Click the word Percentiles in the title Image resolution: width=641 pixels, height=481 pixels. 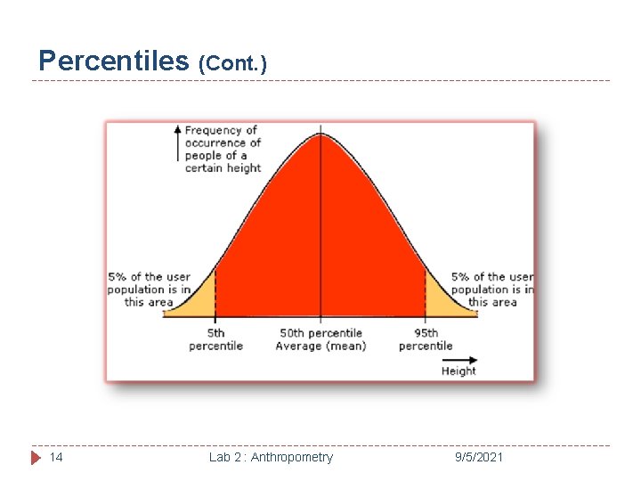pos(114,61)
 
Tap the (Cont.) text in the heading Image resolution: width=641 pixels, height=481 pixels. pos(232,63)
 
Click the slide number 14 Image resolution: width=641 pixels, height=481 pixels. pos(56,457)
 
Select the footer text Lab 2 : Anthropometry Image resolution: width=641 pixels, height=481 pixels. pos(271,457)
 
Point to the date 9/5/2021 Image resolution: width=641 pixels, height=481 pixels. pos(478,457)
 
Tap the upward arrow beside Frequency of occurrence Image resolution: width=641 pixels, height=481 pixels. pos(178,143)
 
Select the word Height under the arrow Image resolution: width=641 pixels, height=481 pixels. pos(458,371)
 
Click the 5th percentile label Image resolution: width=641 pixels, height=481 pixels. pos(215,339)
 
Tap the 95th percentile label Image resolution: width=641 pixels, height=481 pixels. pos(426,339)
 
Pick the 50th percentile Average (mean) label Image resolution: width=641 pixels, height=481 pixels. pos(320,339)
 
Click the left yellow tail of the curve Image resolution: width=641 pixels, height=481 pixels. pos(203,301)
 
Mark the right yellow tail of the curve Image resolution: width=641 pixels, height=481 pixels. pos(438,298)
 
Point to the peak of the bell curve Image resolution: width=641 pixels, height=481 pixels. pos(320,135)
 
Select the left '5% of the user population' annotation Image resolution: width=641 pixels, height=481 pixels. pos(149,289)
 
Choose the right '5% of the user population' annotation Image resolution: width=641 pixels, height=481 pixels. pos(491,289)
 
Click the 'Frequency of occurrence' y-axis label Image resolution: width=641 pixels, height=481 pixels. pos(223,149)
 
